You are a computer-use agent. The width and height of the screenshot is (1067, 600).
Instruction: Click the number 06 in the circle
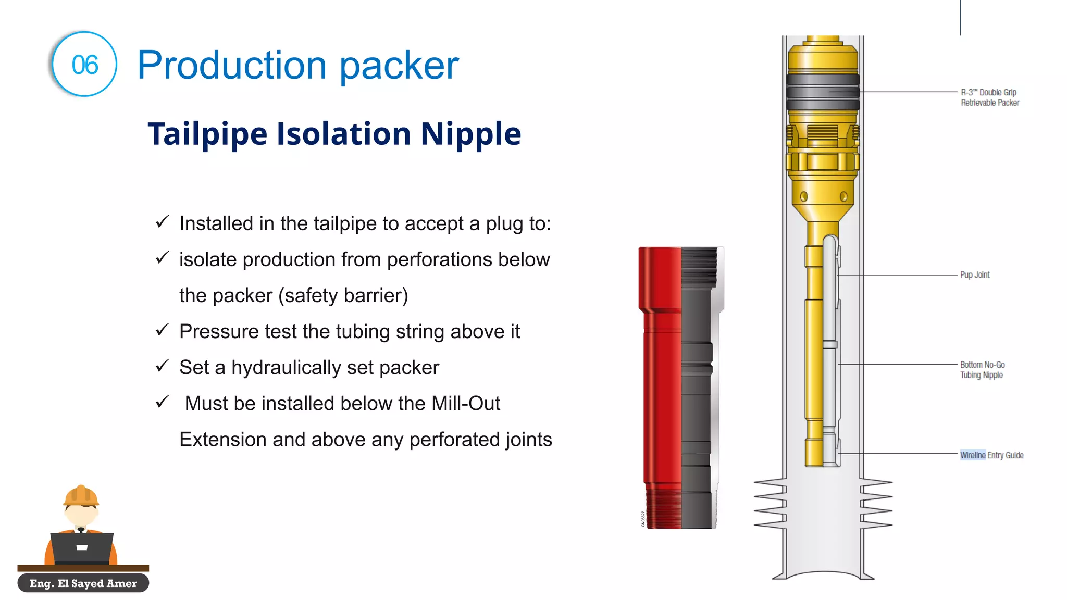click(x=85, y=65)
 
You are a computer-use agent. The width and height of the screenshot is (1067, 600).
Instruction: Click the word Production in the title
click(x=232, y=66)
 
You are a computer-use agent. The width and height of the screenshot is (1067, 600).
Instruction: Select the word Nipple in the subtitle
click(x=470, y=134)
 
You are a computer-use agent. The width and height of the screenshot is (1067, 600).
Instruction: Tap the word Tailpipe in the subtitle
click(x=207, y=134)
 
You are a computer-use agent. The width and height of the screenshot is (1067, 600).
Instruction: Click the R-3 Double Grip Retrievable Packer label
click(x=989, y=97)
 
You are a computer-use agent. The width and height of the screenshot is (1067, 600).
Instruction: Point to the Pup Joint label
click(x=975, y=275)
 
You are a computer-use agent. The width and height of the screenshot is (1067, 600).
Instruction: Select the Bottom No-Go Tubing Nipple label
click(x=982, y=370)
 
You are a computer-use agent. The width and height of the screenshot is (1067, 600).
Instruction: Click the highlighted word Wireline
click(x=973, y=455)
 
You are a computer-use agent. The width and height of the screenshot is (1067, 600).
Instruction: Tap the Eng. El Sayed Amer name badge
click(x=83, y=583)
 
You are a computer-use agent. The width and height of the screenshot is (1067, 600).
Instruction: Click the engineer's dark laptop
click(x=82, y=548)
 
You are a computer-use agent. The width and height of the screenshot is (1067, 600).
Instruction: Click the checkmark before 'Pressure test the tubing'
click(x=163, y=330)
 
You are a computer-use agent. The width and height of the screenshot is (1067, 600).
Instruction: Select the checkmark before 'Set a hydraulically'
click(x=163, y=366)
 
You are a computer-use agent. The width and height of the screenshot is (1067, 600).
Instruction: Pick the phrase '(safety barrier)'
click(x=343, y=296)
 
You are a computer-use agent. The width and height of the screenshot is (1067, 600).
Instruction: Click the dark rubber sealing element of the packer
click(x=823, y=92)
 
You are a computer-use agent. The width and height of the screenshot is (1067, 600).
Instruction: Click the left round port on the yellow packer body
click(x=804, y=197)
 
